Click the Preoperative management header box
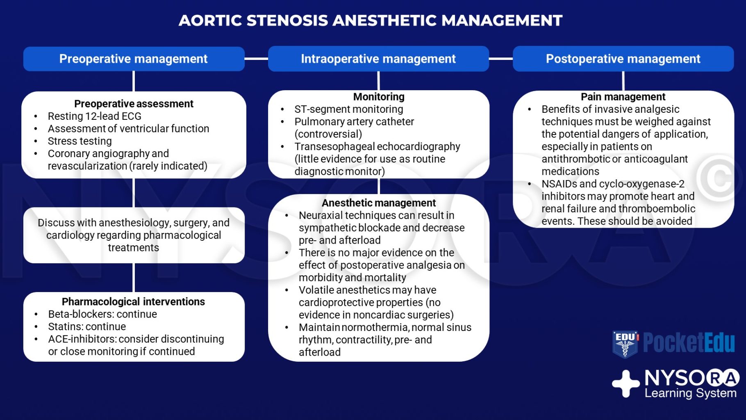134,59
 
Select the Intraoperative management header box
378,59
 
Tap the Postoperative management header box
623,59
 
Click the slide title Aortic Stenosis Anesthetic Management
371,21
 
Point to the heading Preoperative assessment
134,104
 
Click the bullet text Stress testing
80,141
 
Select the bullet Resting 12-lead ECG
94,116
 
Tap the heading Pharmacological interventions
133,302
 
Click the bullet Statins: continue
87,327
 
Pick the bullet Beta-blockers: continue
102,314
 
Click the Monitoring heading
379,97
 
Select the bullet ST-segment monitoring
348,110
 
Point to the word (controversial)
328,134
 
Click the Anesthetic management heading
379,203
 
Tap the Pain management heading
623,97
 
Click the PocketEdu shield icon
625,344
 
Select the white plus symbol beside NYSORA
625,383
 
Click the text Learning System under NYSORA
690,393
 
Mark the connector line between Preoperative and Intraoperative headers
256,59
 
